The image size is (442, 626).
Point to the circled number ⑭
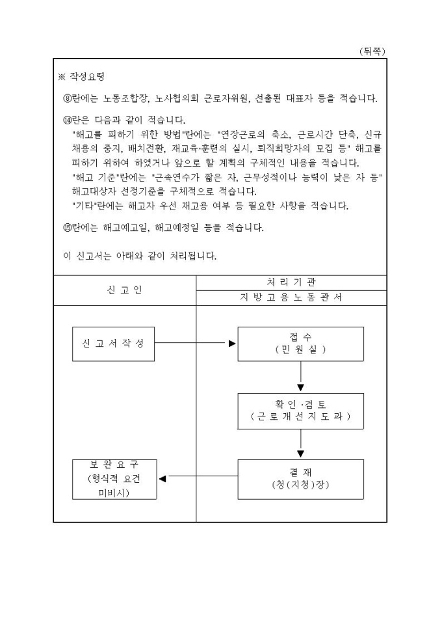point(65,121)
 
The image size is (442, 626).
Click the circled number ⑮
point(65,228)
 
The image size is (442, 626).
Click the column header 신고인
point(124,290)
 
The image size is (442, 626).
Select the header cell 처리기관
point(291,282)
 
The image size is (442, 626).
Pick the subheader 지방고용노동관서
point(291,297)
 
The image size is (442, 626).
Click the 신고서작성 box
point(113,344)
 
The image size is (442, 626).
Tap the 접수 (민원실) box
point(300,344)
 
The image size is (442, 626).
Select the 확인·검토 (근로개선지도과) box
point(300,410)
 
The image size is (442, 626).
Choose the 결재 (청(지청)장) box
point(300,479)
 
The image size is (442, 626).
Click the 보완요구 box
point(114,479)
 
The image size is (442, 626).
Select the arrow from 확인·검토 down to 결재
point(301,444)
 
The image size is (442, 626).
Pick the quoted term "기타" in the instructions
point(84,207)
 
